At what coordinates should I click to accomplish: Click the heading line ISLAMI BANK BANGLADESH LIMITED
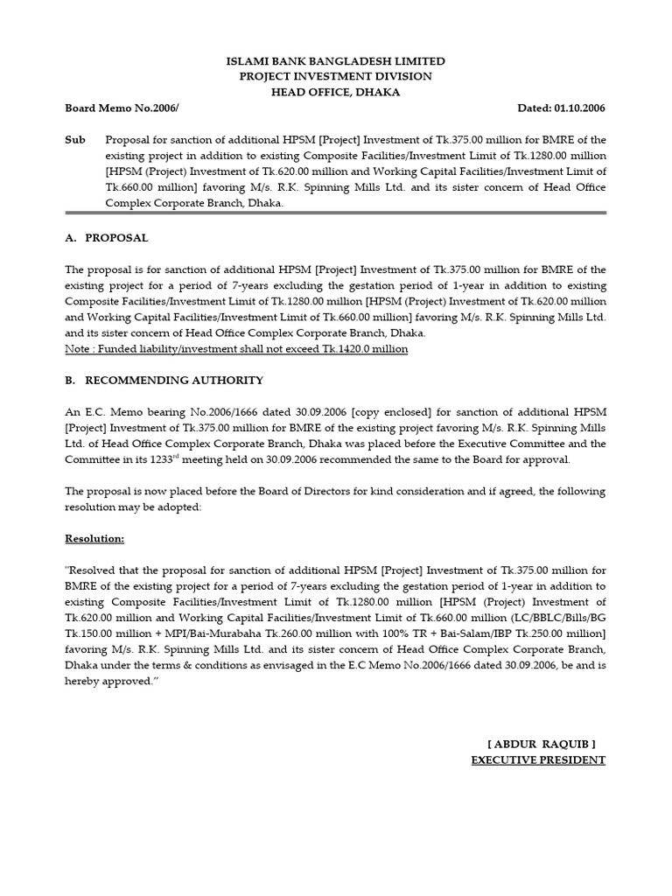point(336,61)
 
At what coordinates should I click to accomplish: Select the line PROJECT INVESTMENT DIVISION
point(336,77)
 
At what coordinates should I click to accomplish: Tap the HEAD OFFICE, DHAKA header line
point(336,93)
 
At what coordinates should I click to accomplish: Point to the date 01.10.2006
point(580,108)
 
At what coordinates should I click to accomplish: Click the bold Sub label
point(76,140)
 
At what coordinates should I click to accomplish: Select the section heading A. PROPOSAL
point(107,238)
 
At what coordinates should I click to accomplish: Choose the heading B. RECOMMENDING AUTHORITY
point(164,381)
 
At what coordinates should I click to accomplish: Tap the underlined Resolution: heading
point(94,539)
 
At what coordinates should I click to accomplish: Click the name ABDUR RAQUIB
point(542,744)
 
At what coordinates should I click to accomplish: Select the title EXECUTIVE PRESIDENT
point(538,759)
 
